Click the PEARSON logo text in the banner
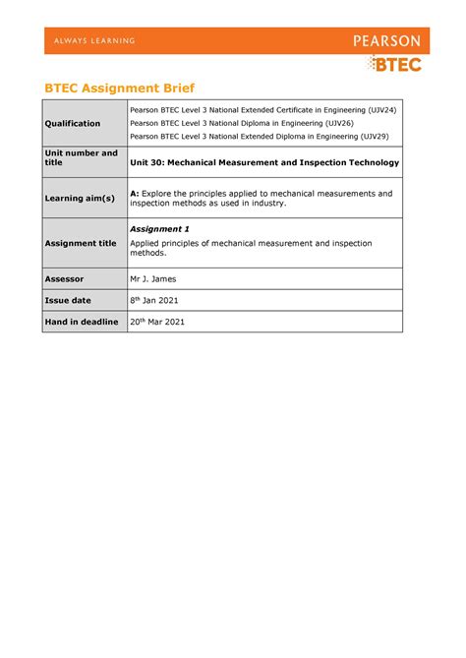click(386, 41)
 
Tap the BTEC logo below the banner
click(395, 65)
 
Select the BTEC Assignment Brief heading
click(118, 88)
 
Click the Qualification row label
click(73, 123)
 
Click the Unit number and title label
click(81, 157)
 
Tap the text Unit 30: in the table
click(148, 162)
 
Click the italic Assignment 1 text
click(159, 228)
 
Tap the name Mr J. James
click(156, 278)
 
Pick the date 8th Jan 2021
click(154, 300)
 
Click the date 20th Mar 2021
click(157, 322)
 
